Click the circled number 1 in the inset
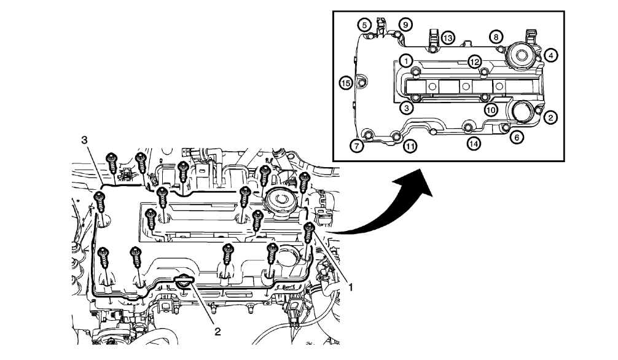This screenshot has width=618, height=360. (405, 60)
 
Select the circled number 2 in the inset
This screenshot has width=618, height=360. (551, 115)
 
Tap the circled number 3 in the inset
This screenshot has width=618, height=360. (405, 108)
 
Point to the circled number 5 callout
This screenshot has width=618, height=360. (366, 25)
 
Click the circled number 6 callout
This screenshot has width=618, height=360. (517, 138)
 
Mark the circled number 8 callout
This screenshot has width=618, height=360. (495, 37)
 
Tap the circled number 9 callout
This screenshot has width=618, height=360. (405, 24)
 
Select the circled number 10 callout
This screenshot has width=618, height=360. (490, 109)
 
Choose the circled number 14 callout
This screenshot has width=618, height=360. (473, 143)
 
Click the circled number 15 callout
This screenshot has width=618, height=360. (346, 82)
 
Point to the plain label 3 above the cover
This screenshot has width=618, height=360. (85, 140)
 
